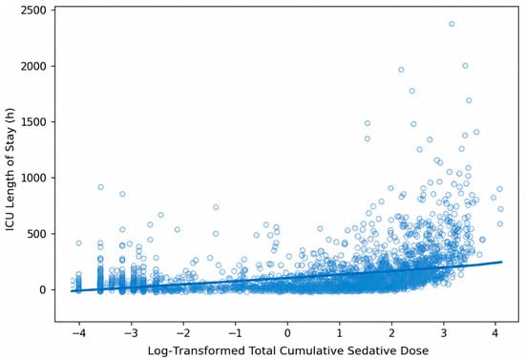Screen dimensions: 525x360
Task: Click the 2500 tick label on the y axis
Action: click(x=33, y=11)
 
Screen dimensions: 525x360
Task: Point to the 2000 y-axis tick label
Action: click(x=33, y=66)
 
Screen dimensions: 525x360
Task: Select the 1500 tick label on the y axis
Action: click(x=33, y=122)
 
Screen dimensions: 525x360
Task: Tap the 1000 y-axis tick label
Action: click(x=33, y=178)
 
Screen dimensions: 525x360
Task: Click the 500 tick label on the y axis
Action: click(x=37, y=234)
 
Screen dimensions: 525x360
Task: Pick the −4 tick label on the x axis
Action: click(x=78, y=333)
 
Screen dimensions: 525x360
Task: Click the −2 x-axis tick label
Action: click(x=183, y=333)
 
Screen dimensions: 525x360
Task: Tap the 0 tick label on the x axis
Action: click(x=287, y=333)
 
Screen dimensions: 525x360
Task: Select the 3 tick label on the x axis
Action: click(x=444, y=333)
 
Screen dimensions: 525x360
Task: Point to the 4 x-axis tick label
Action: click(x=495, y=333)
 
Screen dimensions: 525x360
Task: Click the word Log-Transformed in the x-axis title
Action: click(x=196, y=351)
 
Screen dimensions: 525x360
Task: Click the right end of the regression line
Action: click(x=502, y=262)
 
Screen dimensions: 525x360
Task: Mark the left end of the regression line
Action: click(x=71, y=291)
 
